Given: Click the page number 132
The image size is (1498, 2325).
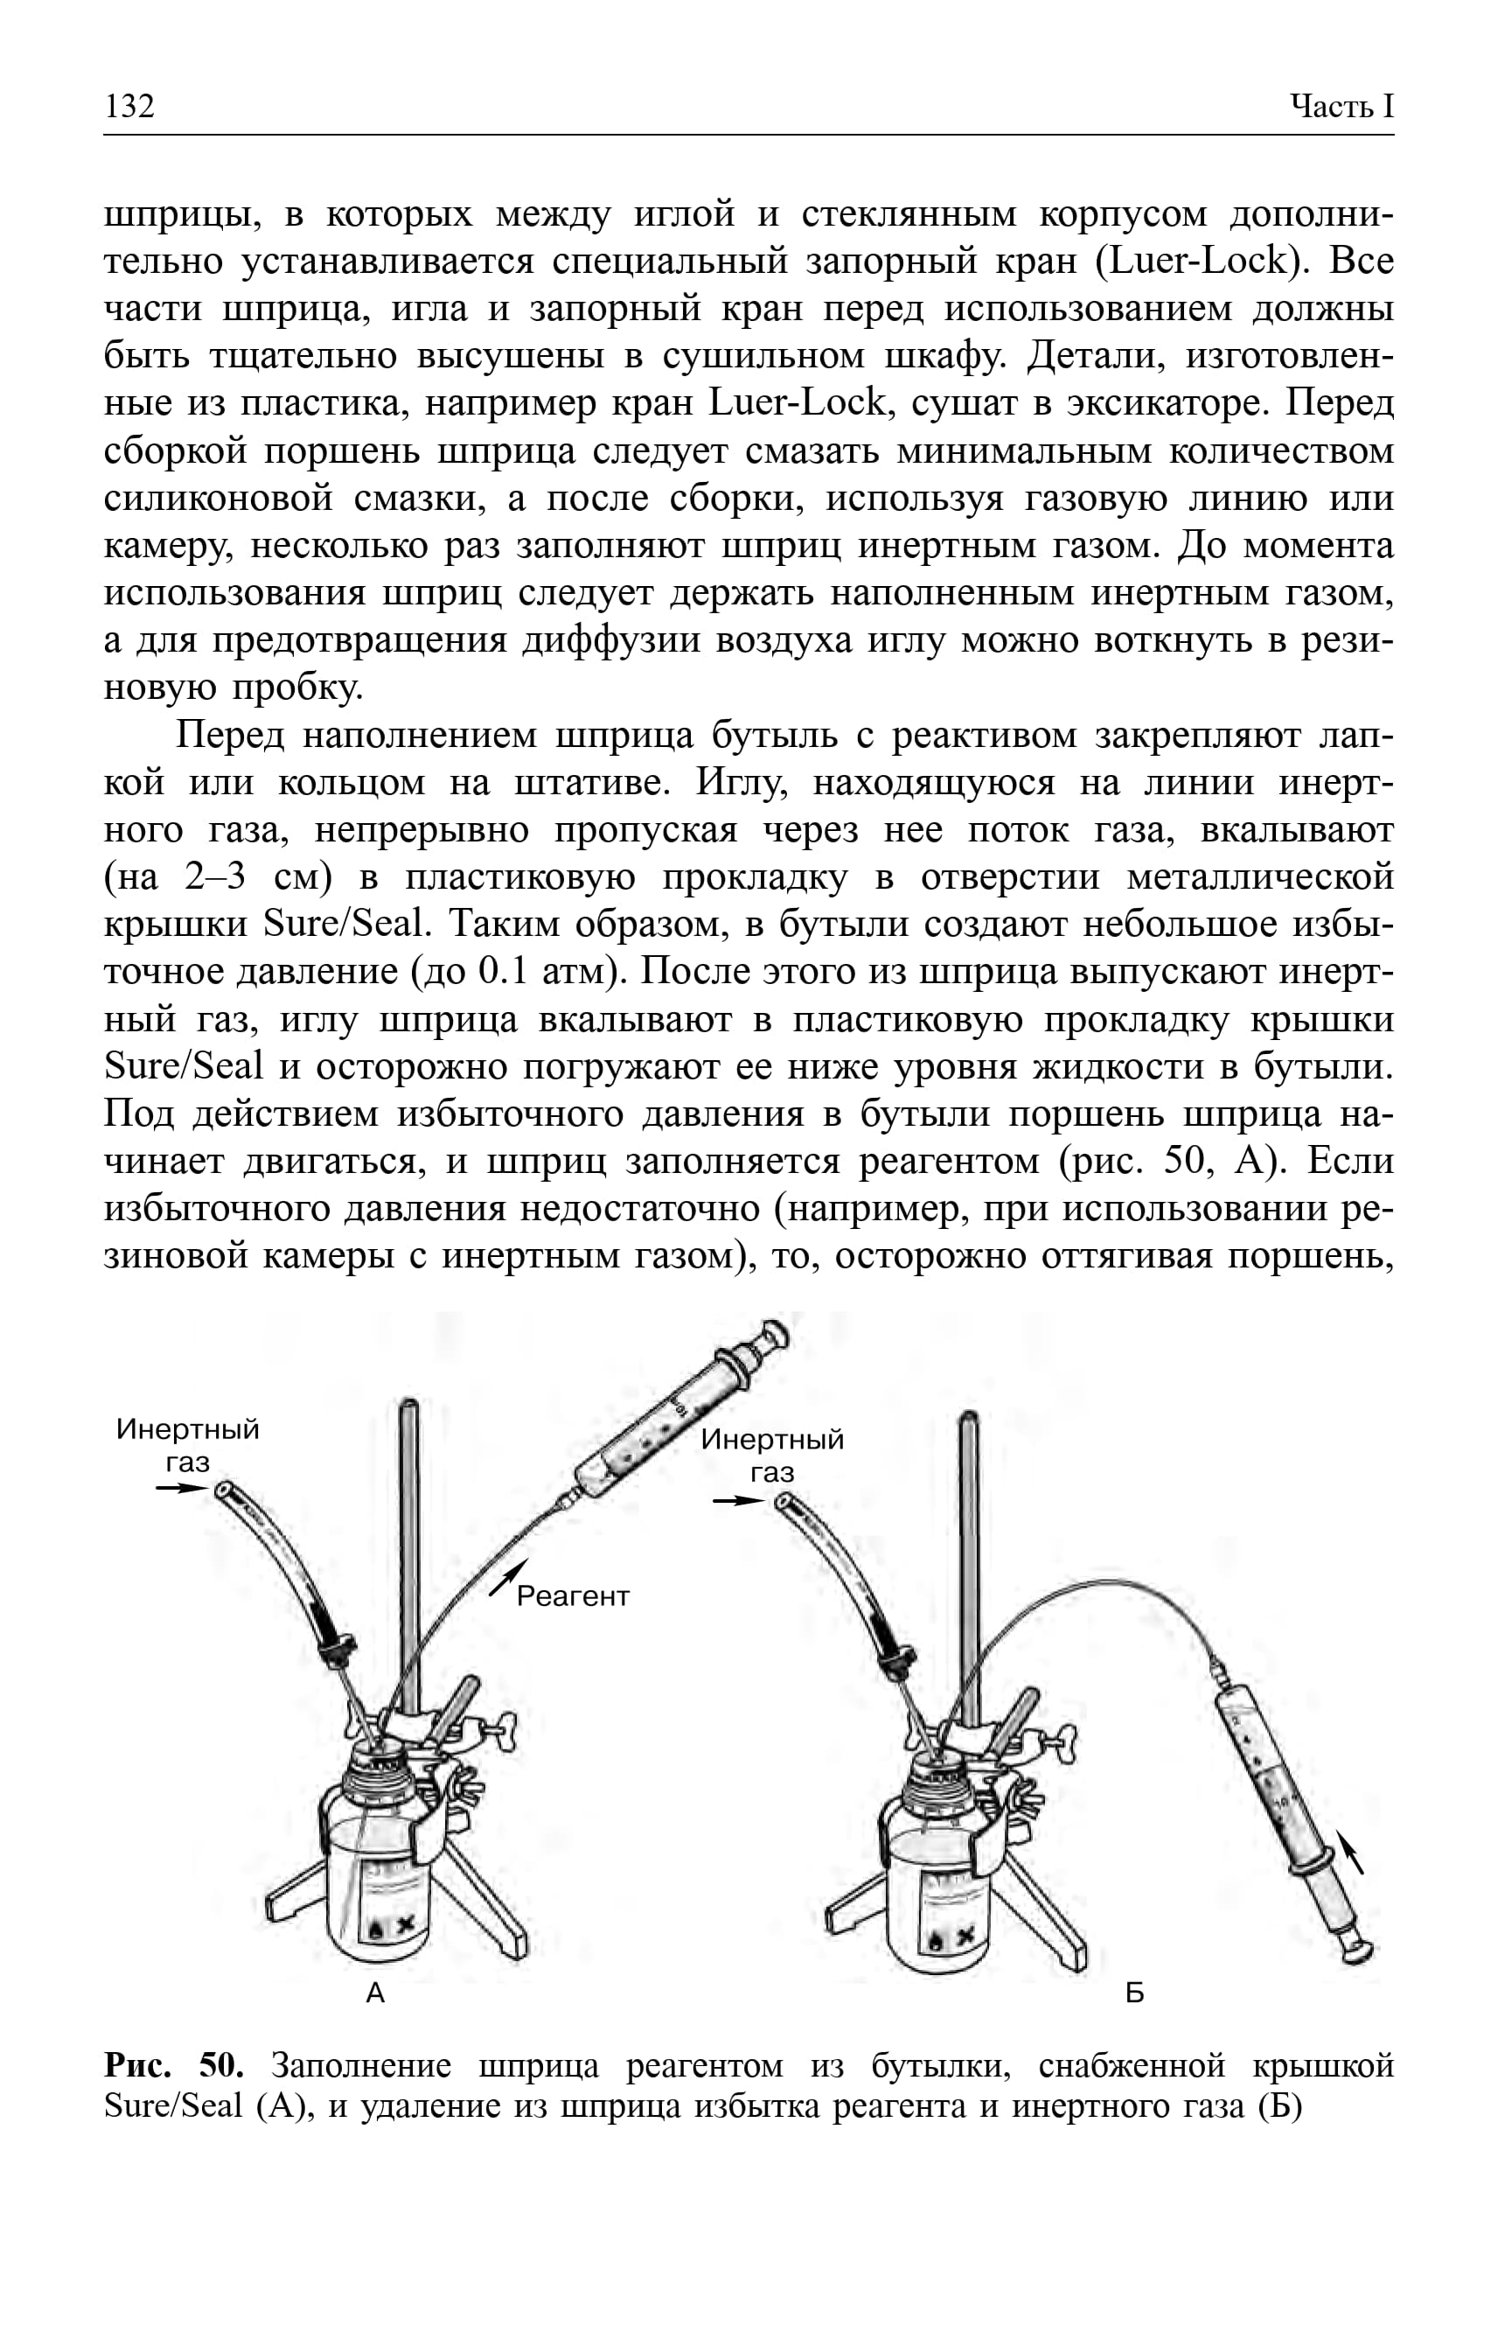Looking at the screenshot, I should click(x=129, y=104).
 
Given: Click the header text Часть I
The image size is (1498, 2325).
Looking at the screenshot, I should click(x=1341, y=105).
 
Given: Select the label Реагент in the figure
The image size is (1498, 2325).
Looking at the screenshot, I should click(x=573, y=1596).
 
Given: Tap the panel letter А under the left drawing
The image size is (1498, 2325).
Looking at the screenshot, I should click(x=375, y=1993).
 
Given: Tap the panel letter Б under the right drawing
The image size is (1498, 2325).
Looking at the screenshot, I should click(x=1134, y=1993).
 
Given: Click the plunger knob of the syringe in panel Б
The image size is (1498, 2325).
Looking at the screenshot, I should click(x=1358, y=1949).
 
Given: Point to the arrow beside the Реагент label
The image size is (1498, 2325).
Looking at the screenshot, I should click(x=509, y=1576).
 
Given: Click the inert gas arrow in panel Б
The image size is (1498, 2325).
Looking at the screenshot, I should click(x=738, y=1501).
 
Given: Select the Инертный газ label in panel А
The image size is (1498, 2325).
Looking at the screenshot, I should click(x=188, y=1445).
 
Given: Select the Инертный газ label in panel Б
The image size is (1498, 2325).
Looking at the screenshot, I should click(x=772, y=1456).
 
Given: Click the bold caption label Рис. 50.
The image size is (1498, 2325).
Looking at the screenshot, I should click(x=173, y=2064).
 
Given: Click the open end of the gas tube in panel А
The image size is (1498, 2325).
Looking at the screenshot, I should click(x=225, y=1490).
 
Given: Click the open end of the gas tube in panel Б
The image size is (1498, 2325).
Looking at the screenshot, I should click(x=785, y=1503).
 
